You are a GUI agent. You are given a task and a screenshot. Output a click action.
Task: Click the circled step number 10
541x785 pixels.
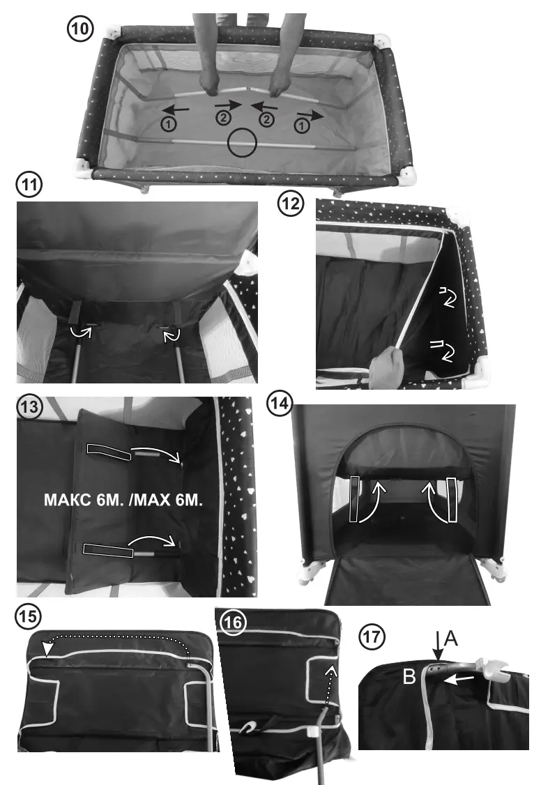coord(80,29)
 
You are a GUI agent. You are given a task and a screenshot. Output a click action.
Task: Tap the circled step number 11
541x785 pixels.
coord(29,185)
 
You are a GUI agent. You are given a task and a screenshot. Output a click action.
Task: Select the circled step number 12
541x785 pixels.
coord(291,204)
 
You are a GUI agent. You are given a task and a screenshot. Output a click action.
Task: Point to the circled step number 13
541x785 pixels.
coord(29,406)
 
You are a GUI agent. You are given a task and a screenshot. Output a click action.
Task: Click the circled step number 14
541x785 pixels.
coord(280,403)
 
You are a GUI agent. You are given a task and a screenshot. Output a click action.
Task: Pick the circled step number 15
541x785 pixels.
coord(28,616)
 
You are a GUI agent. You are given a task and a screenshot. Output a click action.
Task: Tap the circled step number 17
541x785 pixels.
coord(372,637)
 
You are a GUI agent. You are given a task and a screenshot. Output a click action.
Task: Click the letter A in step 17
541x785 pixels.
coord(450,639)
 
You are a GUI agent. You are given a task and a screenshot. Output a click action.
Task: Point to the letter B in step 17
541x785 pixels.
coord(409,677)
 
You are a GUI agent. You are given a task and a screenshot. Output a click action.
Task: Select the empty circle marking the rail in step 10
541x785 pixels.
coord(242,143)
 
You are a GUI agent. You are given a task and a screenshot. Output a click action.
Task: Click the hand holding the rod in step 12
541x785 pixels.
coord(386,368)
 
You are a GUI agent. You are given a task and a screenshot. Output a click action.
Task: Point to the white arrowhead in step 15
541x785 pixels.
coord(47,649)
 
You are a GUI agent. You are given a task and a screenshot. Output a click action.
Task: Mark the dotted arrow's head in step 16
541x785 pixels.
coord(331,670)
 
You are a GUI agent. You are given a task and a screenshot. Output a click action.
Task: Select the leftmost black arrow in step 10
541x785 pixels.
coord(175,109)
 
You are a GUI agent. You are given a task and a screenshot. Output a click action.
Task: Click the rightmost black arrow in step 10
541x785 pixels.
coord(310,116)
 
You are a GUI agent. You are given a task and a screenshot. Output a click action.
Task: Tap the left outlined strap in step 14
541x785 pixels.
coord(355,499)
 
